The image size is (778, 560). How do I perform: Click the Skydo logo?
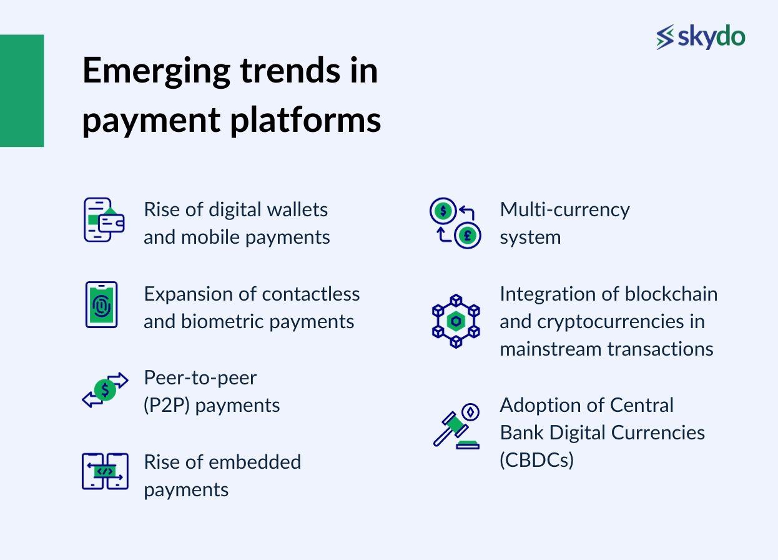701,37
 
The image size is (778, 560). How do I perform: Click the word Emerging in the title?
156,71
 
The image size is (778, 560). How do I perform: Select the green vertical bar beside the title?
22,91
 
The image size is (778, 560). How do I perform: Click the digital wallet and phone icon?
104,220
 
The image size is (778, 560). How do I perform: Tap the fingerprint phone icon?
101,304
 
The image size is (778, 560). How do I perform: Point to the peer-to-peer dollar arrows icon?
105,390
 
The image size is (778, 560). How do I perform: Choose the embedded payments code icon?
105,471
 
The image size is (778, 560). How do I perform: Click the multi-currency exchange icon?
455,222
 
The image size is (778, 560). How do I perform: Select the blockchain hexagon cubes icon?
456,321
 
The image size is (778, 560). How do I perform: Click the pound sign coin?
468,236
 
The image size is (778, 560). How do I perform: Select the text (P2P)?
167,405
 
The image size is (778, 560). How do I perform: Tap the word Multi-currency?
564,209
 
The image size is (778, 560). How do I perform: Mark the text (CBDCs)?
536,460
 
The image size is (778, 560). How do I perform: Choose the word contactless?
310,294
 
